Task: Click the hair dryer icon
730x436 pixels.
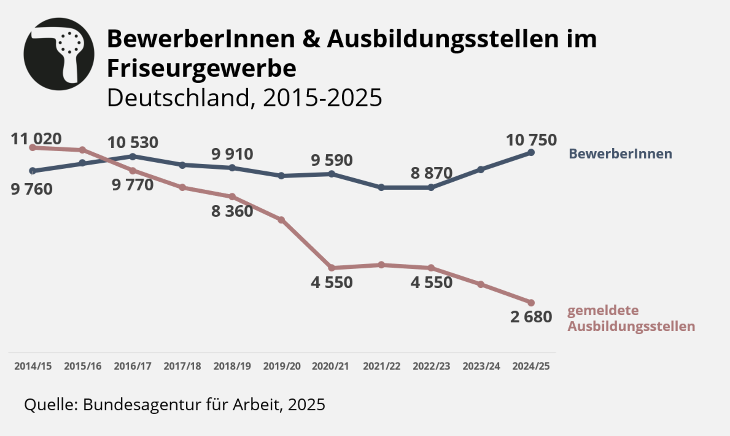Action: (59, 54)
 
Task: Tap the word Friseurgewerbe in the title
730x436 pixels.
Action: (202, 68)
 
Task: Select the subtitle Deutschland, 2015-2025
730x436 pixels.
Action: (244, 98)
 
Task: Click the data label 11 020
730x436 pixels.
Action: (36, 139)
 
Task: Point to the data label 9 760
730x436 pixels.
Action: (32, 189)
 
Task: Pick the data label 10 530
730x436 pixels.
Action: (133, 143)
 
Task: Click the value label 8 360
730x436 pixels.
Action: (232, 211)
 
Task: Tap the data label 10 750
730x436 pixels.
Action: (531, 140)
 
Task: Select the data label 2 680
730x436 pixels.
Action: (531, 317)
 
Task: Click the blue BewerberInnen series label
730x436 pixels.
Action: (620, 154)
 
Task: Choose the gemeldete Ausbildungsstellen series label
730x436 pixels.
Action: (631, 319)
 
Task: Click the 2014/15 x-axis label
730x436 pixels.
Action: (33, 366)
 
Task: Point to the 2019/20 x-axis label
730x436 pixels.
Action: (282, 366)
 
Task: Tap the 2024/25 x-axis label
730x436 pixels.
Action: (531, 366)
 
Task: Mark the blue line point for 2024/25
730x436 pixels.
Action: (531, 152)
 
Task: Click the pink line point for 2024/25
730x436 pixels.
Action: (531, 303)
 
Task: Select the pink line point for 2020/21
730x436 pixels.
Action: (332, 268)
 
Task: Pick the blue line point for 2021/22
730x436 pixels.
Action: (381, 187)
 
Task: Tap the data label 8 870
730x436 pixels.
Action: (431, 173)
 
